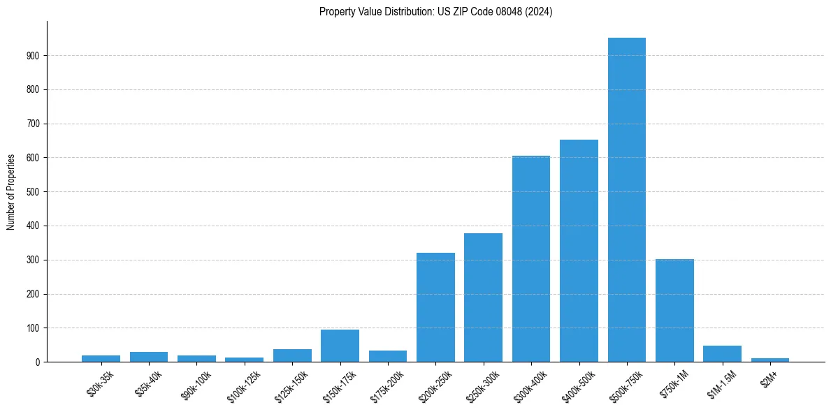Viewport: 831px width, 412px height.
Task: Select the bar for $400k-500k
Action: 579,251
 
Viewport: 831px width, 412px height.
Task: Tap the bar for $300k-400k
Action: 530,259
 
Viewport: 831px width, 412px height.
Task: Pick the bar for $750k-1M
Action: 674,311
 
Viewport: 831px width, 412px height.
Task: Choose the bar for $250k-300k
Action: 483,297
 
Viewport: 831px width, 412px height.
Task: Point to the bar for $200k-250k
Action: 435,307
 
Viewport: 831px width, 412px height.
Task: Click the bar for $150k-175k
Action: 340,346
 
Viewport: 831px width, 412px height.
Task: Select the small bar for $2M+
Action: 770,360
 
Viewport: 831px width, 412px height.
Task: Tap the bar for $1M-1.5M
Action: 722,354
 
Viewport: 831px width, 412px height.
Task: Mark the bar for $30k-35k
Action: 101,358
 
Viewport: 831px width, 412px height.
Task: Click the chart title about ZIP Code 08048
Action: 435,12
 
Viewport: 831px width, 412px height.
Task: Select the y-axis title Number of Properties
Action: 11,192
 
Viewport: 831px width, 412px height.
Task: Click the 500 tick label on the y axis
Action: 36,192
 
